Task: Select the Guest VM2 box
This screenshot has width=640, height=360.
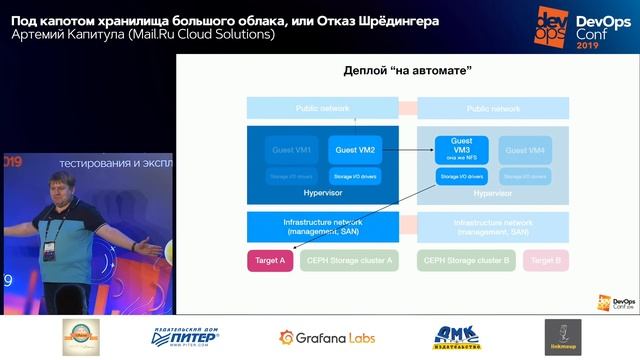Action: tap(355, 150)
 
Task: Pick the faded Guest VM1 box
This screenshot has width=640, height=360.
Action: tap(292, 150)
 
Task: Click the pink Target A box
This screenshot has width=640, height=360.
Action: tap(270, 260)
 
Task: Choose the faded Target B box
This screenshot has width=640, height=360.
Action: tap(546, 260)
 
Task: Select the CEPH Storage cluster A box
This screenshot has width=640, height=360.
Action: tap(352, 260)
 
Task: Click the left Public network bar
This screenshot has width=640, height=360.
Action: tap(322, 108)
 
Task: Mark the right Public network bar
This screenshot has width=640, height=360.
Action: tap(493, 108)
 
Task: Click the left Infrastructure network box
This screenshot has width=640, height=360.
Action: tap(323, 226)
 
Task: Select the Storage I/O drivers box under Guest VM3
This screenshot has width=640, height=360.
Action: tap(462, 176)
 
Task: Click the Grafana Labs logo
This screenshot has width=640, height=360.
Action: tap(327, 337)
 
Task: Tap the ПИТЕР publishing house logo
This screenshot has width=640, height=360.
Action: tap(185, 337)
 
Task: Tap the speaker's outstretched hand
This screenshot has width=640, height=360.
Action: tap(151, 244)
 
